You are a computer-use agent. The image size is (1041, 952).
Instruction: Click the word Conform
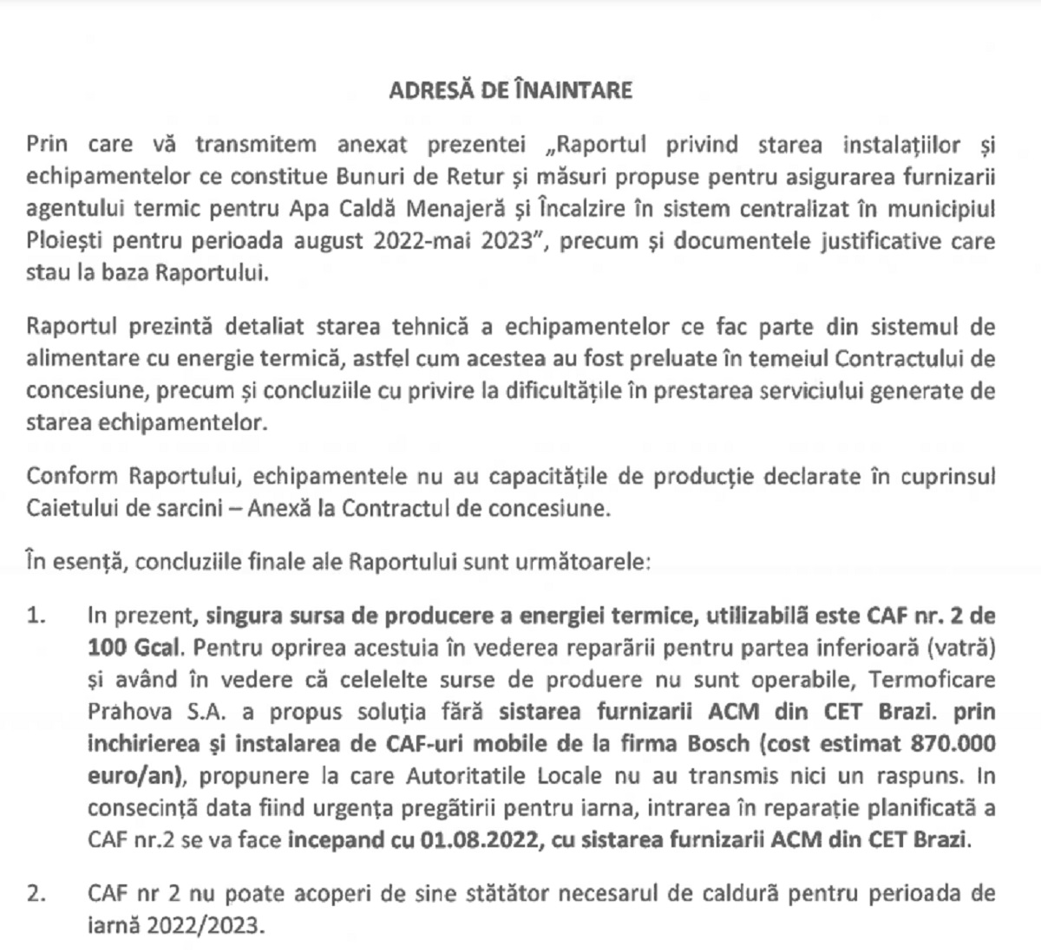pos(73,476)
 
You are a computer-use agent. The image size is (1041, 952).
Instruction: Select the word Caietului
pos(73,508)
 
